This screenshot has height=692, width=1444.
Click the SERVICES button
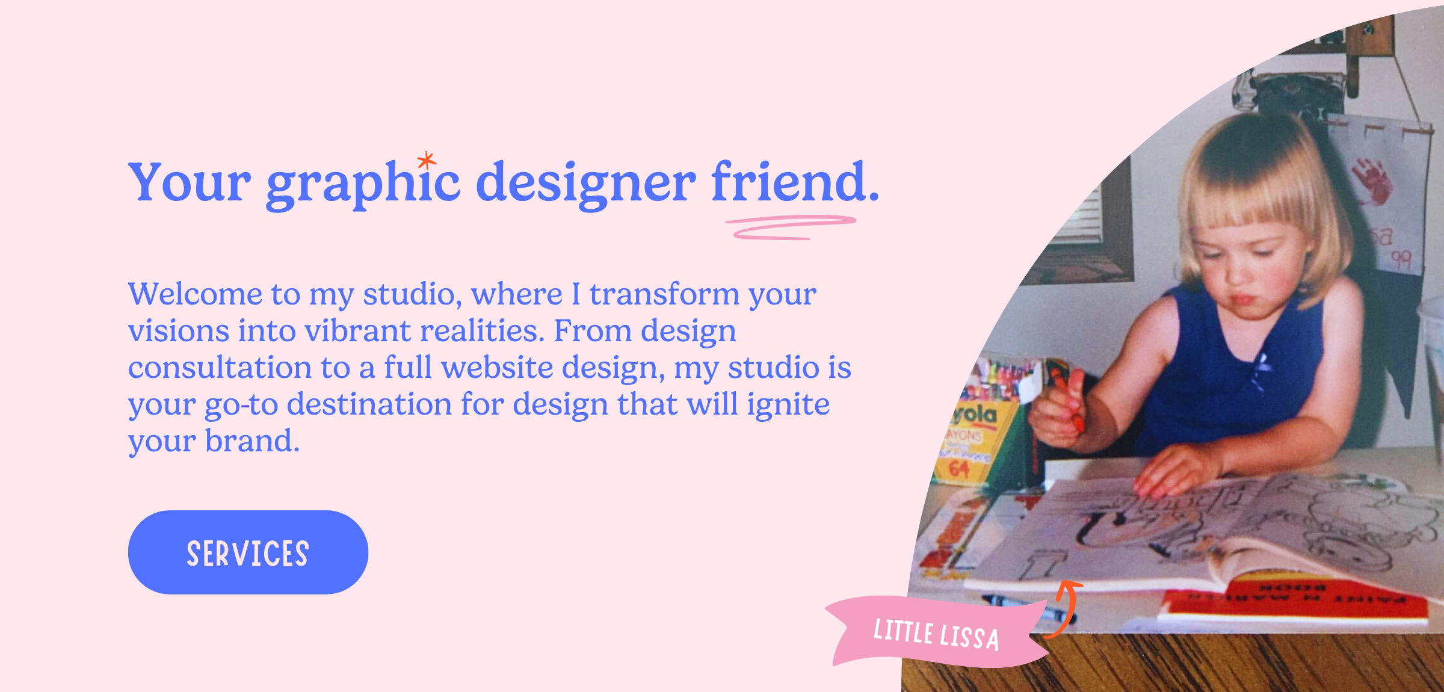(x=248, y=552)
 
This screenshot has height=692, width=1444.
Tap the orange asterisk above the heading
(x=427, y=161)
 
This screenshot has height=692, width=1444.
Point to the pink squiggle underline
(x=791, y=227)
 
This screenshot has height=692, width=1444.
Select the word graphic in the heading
(x=363, y=184)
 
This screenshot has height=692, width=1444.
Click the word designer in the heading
(x=585, y=184)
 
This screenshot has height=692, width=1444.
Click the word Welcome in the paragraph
(x=196, y=294)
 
